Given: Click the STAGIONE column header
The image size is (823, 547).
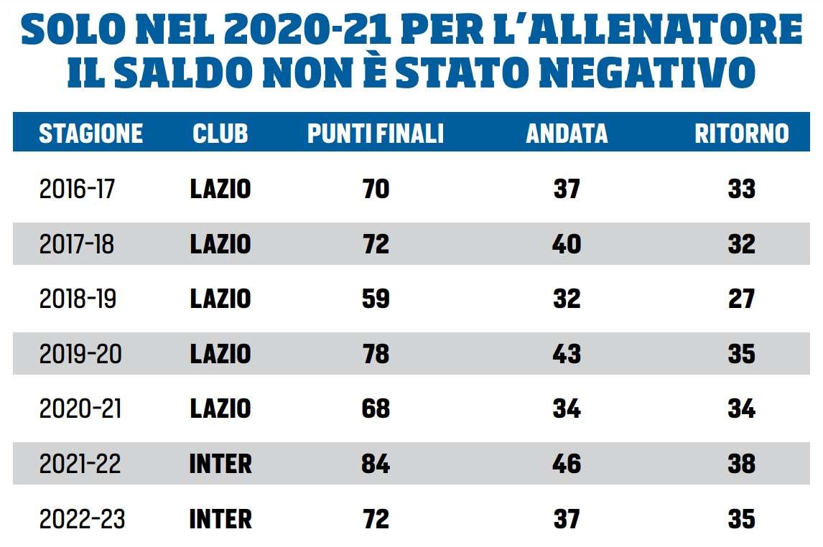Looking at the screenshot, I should [x=90, y=134].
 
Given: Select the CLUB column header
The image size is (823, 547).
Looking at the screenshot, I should [x=220, y=134].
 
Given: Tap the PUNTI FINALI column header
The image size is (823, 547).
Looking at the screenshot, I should [x=376, y=134].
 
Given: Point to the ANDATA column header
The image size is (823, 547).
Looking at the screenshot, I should [x=567, y=134].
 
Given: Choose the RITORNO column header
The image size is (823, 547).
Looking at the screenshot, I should [x=741, y=134].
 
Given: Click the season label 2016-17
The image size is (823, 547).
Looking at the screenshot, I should [x=77, y=189].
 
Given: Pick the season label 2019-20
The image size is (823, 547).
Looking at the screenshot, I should [x=80, y=354].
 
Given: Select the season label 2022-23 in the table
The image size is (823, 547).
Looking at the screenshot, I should [x=81, y=519].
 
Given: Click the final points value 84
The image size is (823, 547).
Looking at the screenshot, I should [x=376, y=464].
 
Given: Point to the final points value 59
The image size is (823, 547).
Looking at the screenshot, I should [x=376, y=299].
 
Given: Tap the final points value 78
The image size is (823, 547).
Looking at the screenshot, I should [x=376, y=354].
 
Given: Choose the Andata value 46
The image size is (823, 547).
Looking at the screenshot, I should [x=567, y=464].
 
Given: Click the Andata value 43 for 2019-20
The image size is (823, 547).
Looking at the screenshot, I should [x=567, y=354].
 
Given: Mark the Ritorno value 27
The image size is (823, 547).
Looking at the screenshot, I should [x=741, y=299].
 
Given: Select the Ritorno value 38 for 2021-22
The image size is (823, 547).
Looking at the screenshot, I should [x=741, y=464].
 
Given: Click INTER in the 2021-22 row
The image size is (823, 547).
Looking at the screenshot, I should [x=220, y=464].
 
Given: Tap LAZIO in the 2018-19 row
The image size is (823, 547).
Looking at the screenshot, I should [x=220, y=299].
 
